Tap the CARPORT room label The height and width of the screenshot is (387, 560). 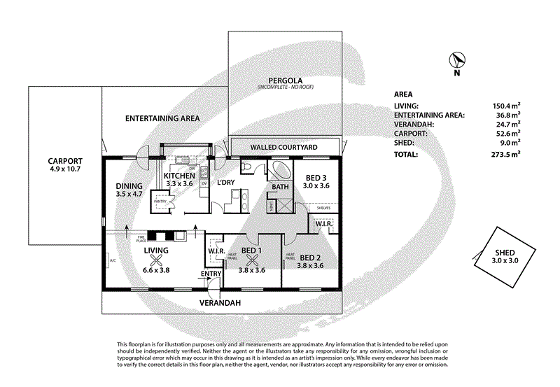click(x=64, y=160)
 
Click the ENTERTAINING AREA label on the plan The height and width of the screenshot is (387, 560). click(x=162, y=118)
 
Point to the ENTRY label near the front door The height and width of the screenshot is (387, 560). click(x=211, y=274)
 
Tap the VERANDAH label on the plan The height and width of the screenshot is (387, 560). click(x=221, y=303)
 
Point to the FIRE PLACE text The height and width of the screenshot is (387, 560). click(x=131, y=238)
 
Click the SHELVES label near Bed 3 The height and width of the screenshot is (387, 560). click(x=323, y=207)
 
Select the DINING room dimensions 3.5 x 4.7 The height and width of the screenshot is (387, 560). click(x=129, y=195)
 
